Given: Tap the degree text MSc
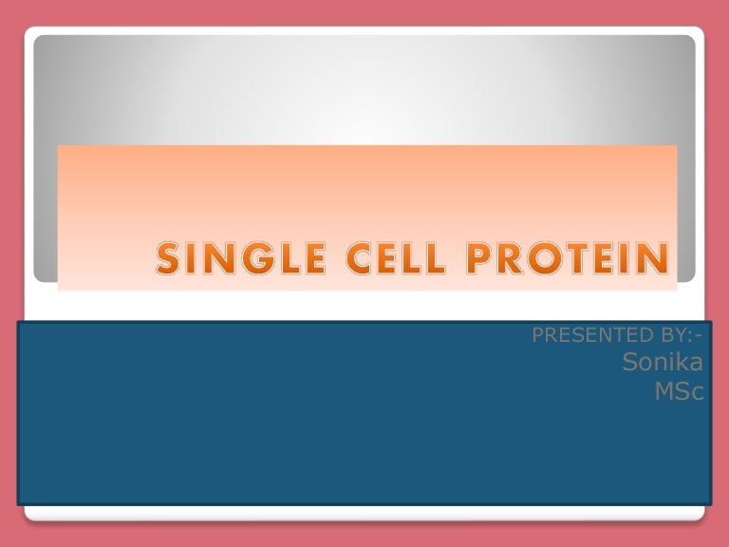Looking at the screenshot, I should coord(681,390).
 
